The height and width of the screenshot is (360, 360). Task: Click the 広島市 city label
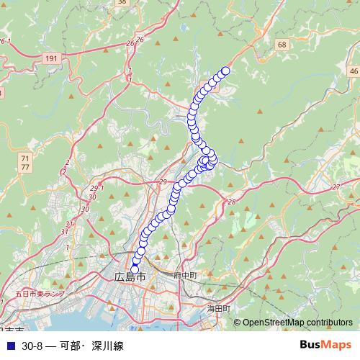pos(130,277)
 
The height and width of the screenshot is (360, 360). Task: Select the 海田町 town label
pos(218,307)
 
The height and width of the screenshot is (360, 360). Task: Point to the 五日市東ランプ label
pos(40,294)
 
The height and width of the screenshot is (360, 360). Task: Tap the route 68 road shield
pos(281,45)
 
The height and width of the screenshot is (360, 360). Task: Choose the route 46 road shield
pos(353,71)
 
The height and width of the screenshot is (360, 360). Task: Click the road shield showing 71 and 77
pos(25,162)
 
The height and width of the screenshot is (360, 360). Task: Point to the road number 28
pos(231,202)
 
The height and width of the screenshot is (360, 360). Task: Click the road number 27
pos(336,187)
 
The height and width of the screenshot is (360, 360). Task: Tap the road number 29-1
pos(97,189)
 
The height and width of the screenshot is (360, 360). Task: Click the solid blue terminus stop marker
pos(134,269)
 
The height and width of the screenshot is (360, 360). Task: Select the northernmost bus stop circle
pos(225,71)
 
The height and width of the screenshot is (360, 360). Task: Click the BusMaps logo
pos(325,345)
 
